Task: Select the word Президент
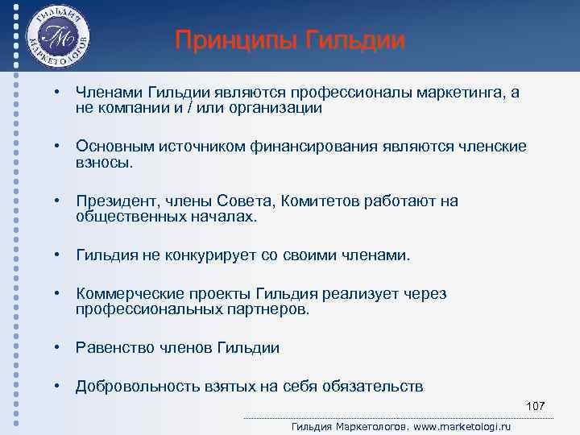(x=112, y=201)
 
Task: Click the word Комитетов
(x=324, y=201)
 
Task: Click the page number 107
(x=535, y=405)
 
